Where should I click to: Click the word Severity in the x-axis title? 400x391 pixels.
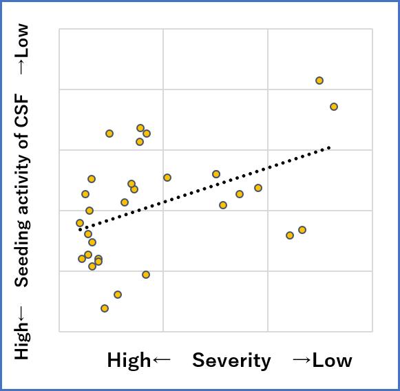[x=231, y=360]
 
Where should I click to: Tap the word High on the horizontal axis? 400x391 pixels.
[x=128, y=360]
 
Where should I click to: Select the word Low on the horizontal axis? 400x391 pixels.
[x=332, y=360]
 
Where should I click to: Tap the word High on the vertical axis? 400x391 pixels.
[x=22, y=342]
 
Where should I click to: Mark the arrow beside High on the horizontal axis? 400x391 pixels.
[x=160, y=360]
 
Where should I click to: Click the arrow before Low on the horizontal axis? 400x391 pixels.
[x=301, y=360]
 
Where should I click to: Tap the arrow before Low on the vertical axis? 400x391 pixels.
[x=22, y=67]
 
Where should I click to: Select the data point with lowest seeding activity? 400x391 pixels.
[x=319, y=81]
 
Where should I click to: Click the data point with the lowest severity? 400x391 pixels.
[x=334, y=107]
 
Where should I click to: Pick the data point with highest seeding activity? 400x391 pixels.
[x=105, y=308]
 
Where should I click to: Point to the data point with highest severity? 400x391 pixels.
[x=80, y=223]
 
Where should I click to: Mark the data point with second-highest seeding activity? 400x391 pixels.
[x=118, y=295]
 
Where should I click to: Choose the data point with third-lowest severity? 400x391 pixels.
[x=302, y=230]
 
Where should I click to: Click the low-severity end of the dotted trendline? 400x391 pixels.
[x=330, y=147]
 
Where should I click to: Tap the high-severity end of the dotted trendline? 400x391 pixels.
[x=81, y=229]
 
